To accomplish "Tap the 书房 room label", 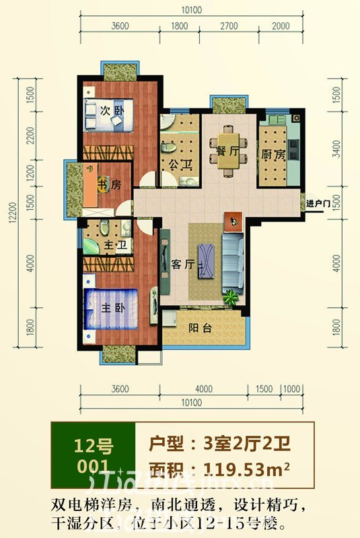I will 110,185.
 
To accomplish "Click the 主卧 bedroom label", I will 111,309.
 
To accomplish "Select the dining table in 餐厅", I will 229,149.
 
